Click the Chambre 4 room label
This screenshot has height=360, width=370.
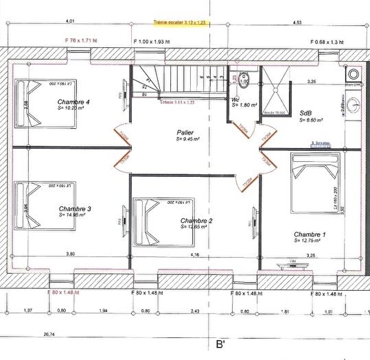point(74,101)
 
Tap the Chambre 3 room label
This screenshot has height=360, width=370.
point(75,208)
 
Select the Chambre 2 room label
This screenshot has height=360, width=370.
point(196,221)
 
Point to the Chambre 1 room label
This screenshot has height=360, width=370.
point(310,234)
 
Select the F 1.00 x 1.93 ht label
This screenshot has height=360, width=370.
point(155,41)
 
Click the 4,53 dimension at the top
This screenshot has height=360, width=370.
point(297,23)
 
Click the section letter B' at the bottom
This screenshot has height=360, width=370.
point(221,345)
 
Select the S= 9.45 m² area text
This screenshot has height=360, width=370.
point(187,139)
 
